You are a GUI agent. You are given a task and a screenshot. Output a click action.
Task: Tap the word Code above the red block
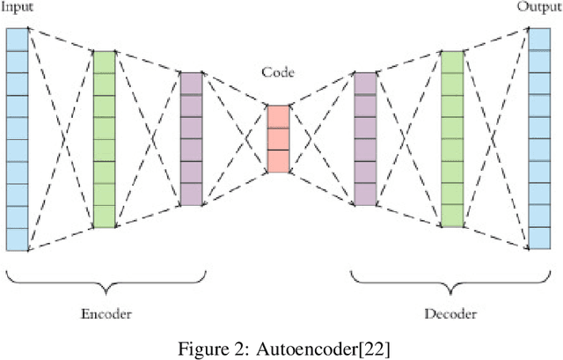[x=278, y=72]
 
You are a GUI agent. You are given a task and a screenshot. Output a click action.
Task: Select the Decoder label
[x=450, y=312]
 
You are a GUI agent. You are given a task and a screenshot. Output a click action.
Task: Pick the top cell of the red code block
[x=278, y=116]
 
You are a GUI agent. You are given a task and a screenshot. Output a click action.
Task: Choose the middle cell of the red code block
[x=278, y=139]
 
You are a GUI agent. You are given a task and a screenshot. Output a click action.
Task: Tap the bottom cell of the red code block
[x=278, y=161]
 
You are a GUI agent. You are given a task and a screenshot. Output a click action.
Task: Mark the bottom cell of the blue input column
[x=17, y=239]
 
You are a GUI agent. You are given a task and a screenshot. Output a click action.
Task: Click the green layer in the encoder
[x=104, y=138]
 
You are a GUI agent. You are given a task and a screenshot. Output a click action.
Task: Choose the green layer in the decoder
[x=451, y=138]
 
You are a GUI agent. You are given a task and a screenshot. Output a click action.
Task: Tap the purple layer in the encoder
[x=191, y=138]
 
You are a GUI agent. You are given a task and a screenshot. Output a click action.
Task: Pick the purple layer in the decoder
[x=365, y=138]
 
